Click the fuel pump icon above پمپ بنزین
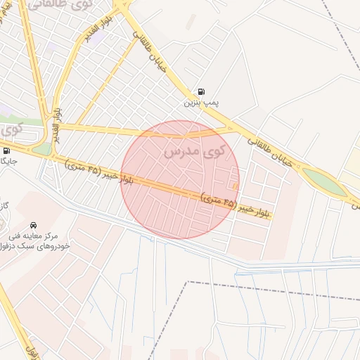click(202, 91)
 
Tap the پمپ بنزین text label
click(202, 103)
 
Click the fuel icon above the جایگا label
click(6, 150)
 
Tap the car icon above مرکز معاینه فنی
click(34, 224)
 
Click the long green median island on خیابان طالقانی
click(325, 181)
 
